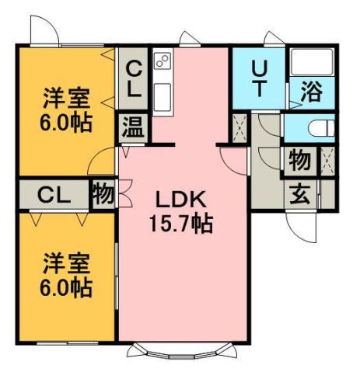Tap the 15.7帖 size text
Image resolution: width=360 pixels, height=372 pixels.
182,224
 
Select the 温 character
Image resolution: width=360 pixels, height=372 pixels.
131,127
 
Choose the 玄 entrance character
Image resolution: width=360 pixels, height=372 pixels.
299,193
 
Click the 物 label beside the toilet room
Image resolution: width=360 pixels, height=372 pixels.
299,162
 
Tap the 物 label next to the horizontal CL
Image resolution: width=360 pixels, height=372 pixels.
102,193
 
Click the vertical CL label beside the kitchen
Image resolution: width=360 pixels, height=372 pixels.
134,80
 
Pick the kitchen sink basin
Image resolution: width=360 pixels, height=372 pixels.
162,98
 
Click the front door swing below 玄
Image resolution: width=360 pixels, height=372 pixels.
302,225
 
